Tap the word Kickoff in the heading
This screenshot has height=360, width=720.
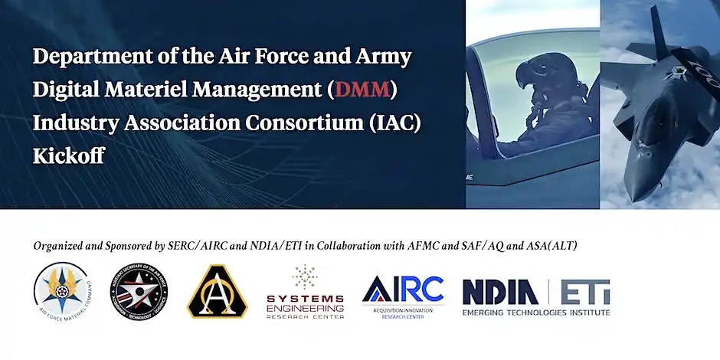68,155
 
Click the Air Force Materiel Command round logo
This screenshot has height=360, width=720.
64,290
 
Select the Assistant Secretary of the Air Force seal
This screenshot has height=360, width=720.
139,290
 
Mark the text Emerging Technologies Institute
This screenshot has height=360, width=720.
535,313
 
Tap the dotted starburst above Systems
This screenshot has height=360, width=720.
305,277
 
